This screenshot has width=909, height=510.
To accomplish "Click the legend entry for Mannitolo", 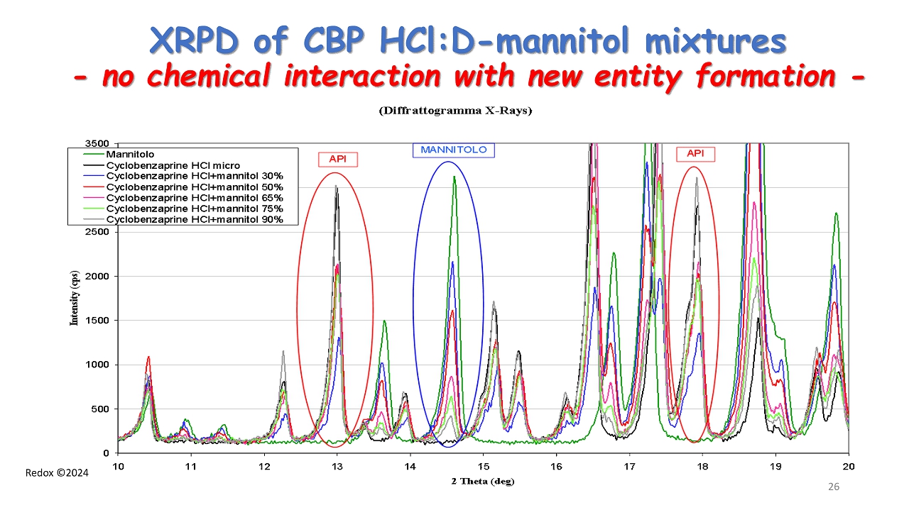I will [x=130, y=154].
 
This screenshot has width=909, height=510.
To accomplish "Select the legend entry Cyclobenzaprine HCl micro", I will [x=173, y=165].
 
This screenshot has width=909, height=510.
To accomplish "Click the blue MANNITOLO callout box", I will [x=453, y=150].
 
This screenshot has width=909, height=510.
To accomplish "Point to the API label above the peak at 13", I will [x=337, y=159].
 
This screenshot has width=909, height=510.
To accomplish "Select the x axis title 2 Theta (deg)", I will [x=482, y=481].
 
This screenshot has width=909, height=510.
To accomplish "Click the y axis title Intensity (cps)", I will [x=73, y=299].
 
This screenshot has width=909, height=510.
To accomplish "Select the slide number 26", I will [x=834, y=487].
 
